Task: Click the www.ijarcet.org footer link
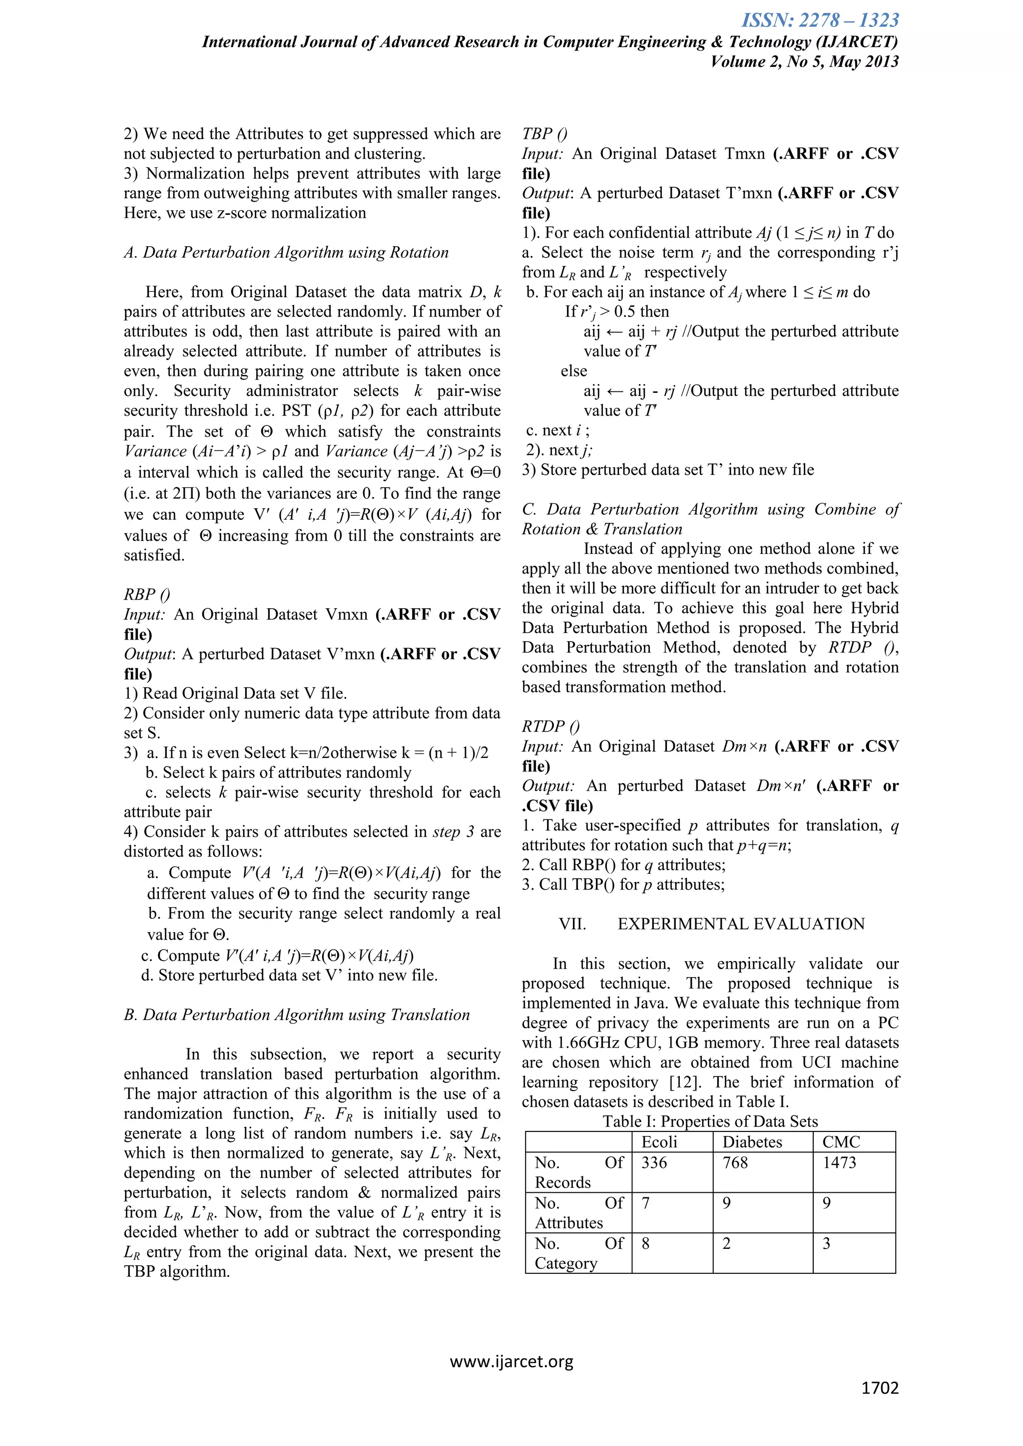pos(511,1362)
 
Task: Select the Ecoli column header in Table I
pos(659,1142)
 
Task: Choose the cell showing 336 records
pos(654,1162)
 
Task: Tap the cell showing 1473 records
pos(839,1162)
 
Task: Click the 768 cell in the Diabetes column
pos(735,1162)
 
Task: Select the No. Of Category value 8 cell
pos(646,1243)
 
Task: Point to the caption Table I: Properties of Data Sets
pos(710,1121)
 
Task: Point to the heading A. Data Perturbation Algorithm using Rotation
pos(286,253)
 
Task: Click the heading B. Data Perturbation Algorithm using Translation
pos(297,1015)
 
